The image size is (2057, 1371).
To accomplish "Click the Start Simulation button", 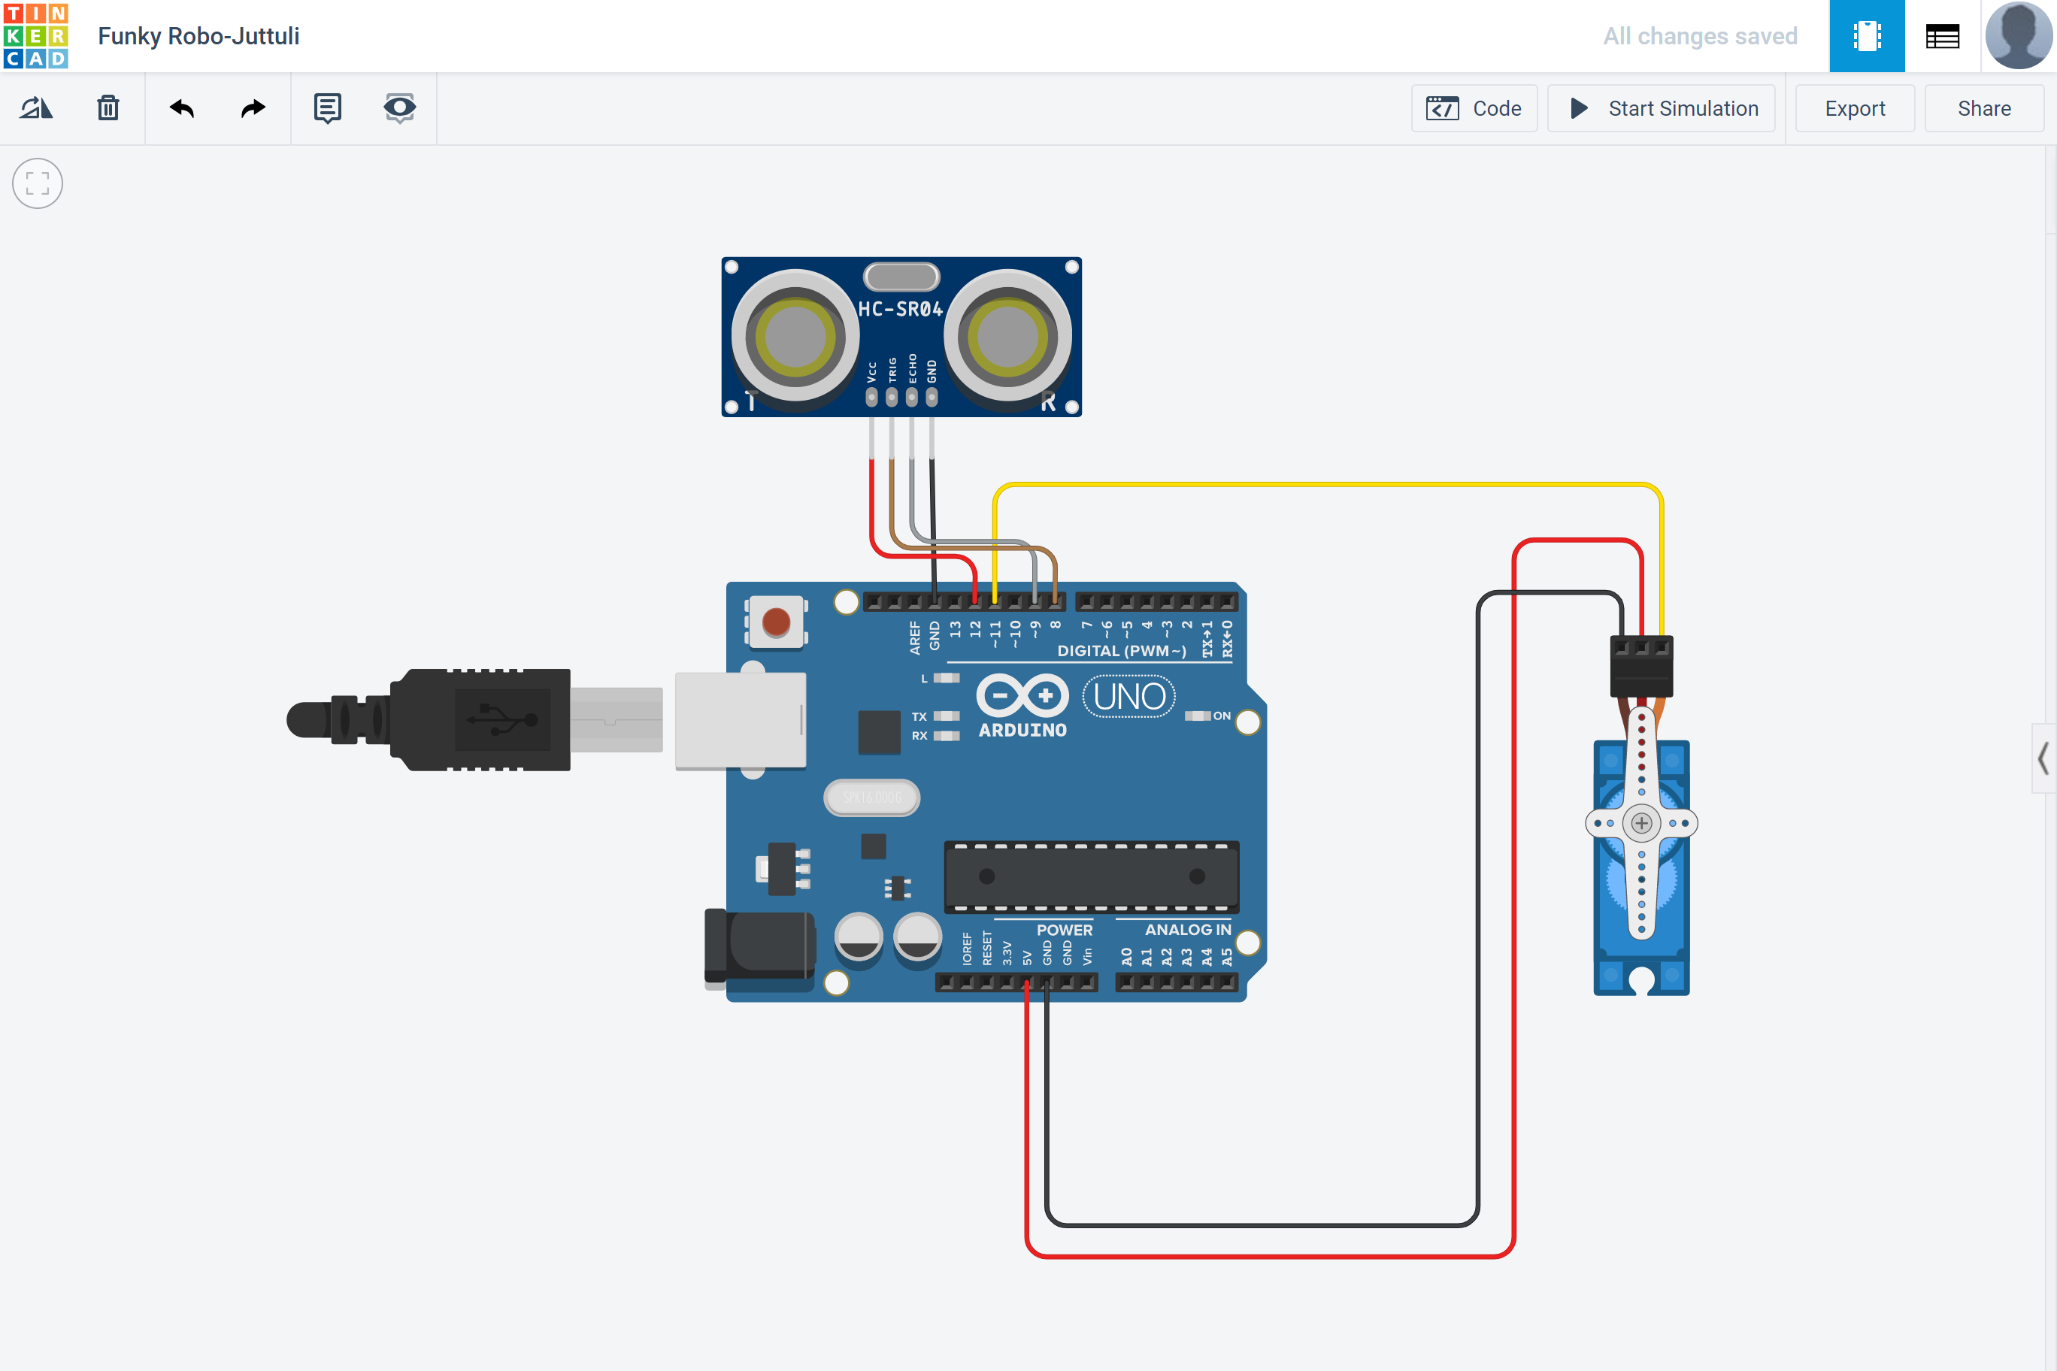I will point(1661,108).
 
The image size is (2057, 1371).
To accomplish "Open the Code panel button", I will point(1474,108).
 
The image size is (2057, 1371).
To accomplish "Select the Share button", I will point(1983,108).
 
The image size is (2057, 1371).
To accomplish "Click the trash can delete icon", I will point(108,108).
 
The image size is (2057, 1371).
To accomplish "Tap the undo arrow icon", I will point(182,108).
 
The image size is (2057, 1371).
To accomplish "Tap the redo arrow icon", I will point(253,108).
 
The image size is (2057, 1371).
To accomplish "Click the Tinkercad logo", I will point(36,36).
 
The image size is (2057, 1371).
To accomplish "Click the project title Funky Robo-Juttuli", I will point(198,36).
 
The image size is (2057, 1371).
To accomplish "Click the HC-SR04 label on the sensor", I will point(900,310).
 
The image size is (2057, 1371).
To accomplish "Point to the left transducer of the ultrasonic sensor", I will point(795,337).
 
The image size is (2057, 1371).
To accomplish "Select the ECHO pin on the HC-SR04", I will point(911,397).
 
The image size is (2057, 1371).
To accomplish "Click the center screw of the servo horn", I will point(1641,823).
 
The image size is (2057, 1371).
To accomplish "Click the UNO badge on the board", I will point(1128,697).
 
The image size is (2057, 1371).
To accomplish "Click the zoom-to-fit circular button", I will point(38,183).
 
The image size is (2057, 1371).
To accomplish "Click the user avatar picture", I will point(2018,36).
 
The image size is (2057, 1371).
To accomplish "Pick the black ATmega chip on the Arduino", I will point(1092,876).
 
